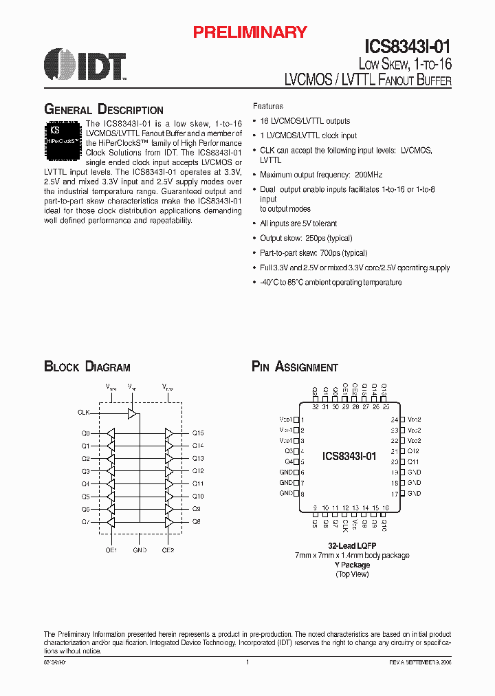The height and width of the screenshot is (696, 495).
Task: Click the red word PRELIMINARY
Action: click(x=250, y=32)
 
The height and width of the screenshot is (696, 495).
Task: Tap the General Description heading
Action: click(x=103, y=110)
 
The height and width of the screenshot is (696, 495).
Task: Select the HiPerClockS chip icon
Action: click(x=64, y=135)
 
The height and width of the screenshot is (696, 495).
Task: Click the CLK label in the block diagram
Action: click(x=84, y=413)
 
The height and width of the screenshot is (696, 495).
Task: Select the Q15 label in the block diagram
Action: click(x=198, y=433)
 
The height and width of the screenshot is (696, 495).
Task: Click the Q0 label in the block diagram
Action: click(x=85, y=433)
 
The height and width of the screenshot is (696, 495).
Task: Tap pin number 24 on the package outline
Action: click(x=395, y=420)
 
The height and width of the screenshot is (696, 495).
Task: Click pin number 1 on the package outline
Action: click(x=303, y=420)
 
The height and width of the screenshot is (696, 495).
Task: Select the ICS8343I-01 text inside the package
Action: click(x=349, y=456)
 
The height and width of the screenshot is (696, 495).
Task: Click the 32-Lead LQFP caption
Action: click(x=351, y=545)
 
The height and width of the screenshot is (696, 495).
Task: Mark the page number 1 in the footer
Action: click(x=247, y=662)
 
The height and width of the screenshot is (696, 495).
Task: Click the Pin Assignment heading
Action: click(x=294, y=367)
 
